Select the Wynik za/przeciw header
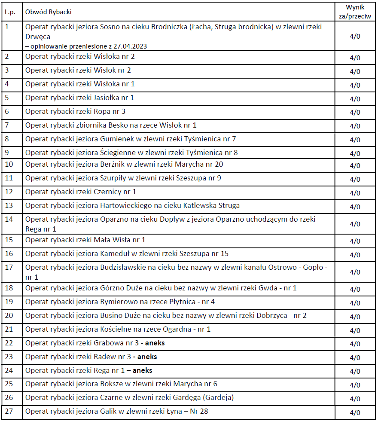coord(355,12)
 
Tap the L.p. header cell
coord(10,12)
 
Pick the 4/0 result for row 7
coord(355,126)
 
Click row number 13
coord(9,205)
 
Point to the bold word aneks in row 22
coord(155,343)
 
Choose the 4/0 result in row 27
coord(355,413)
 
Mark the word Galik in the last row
coord(108,411)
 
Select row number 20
coord(9,315)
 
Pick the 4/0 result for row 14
coord(355,224)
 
